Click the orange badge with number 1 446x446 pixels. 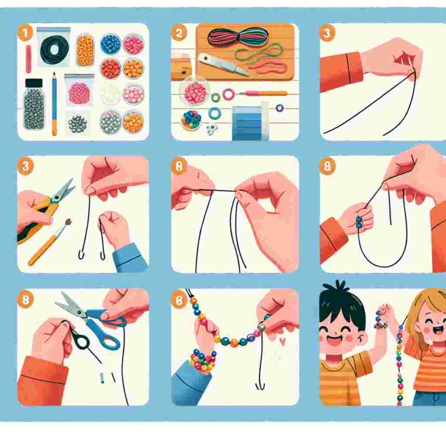[25, 33]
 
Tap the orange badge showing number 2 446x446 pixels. [179, 33]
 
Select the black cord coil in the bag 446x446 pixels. [54, 49]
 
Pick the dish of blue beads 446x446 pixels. [110, 44]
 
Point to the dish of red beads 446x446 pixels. [110, 68]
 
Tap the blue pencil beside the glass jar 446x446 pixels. [54, 104]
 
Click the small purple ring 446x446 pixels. [280, 108]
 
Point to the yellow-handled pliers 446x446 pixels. [46, 210]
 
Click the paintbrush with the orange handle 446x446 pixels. [49, 242]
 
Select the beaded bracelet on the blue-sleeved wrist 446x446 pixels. [203, 360]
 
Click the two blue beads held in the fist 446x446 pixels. [359, 222]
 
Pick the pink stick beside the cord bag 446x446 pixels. [29, 59]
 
